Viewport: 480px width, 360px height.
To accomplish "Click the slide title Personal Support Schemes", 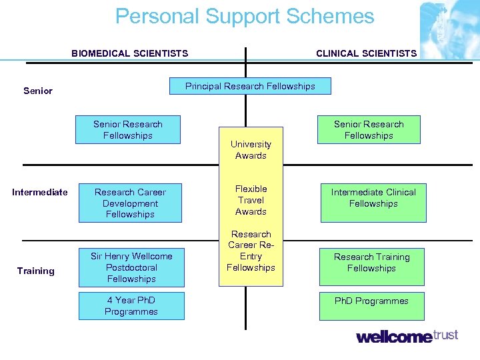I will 245,16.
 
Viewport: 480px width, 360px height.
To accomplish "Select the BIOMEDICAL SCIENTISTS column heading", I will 130,53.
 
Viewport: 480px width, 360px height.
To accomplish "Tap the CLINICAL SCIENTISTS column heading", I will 366,53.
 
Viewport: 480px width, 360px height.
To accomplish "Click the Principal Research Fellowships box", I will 250,86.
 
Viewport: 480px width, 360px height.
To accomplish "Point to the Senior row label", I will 38,91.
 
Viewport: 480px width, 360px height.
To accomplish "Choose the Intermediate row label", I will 40,192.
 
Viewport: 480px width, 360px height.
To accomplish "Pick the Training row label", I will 36,271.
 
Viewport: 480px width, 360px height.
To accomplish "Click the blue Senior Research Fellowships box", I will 128,130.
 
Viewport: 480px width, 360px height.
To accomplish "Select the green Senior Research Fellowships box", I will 369,130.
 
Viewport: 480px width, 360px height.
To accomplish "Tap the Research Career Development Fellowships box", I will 130,203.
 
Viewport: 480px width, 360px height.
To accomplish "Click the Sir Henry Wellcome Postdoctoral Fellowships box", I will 131,267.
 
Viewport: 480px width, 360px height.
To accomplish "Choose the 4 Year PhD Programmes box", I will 131,306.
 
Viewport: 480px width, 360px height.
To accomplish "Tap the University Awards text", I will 251,150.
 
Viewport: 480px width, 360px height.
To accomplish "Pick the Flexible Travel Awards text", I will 251,200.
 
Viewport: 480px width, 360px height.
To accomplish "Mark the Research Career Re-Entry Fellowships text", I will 251,251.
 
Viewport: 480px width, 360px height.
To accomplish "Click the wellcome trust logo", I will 407,336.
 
